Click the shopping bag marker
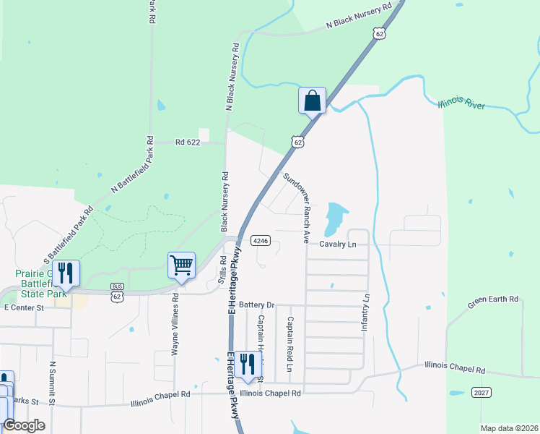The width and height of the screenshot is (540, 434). (313, 100)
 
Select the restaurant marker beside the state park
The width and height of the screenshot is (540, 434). (66, 273)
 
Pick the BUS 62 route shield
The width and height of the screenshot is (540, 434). (117, 292)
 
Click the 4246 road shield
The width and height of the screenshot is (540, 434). (261, 240)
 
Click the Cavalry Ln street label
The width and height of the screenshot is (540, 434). (338, 244)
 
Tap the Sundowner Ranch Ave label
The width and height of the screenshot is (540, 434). (297, 207)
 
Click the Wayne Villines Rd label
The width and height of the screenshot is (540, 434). (175, 323)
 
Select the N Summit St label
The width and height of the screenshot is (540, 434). (52, 383)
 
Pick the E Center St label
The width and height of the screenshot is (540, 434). (25, 307)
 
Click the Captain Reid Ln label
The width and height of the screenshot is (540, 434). (289, 344)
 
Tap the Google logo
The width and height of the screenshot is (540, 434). (25, 425)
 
